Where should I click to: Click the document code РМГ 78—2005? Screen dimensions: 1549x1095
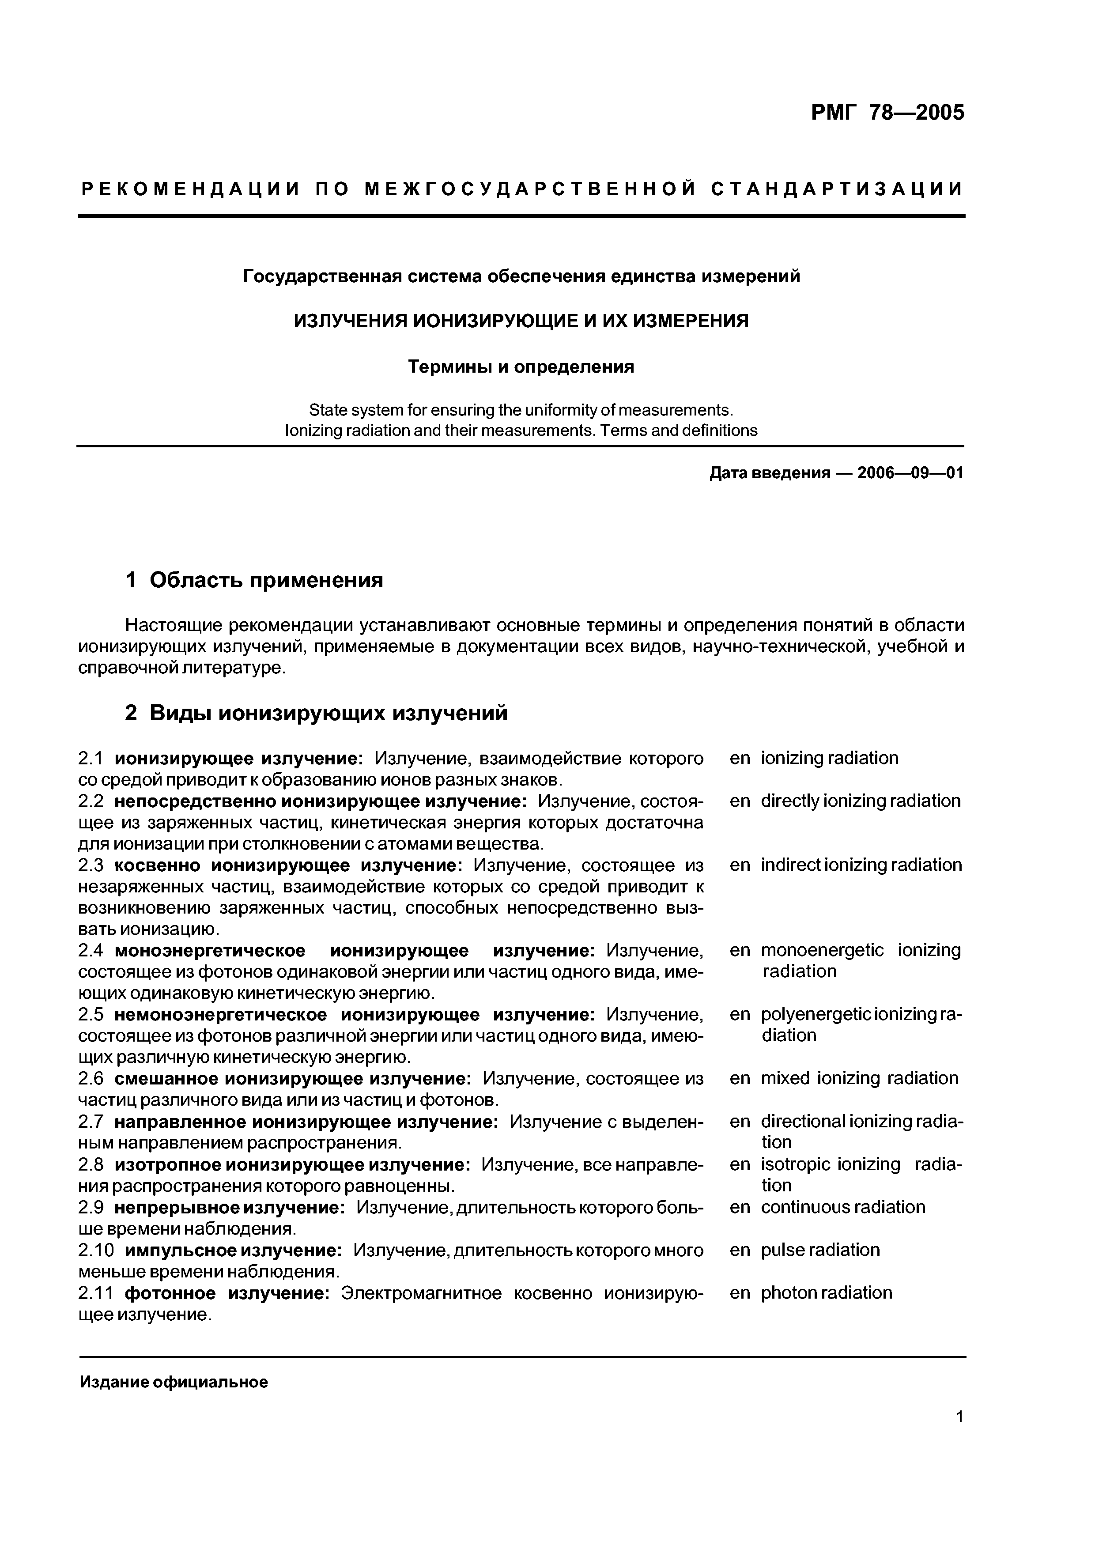[x=887, y=113]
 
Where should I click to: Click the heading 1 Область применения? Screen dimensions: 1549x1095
[x=254, y=579]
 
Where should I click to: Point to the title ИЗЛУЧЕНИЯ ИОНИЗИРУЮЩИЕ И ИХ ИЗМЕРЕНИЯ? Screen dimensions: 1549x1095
[x=521, y=321]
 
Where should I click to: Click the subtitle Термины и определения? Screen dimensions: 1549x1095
[x=521, y=367]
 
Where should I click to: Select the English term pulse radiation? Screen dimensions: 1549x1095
[x=820, y=1250]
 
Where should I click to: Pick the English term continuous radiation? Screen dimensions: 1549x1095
[x=843, y=1207]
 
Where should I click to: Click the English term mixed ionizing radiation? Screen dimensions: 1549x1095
[x=859, y=1078]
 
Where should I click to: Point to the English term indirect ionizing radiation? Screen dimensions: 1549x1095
[x=861, y=865]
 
